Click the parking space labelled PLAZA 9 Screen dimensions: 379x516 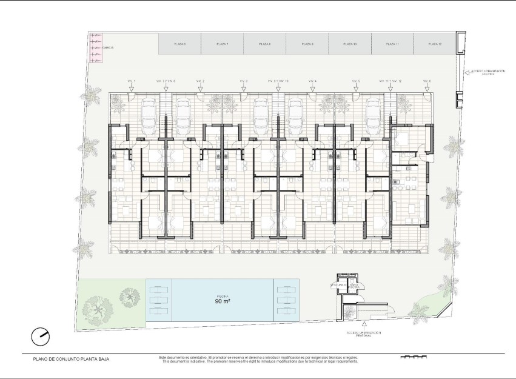click(x=307, y=44)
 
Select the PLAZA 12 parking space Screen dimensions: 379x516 click(x=434, y=44)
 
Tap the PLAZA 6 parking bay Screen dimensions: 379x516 click(x=179, y=44)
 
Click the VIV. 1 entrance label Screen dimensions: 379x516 click(x=131, y=81)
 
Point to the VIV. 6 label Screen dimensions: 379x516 click(x=427, y=81)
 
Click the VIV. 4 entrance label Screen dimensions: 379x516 click(x=312, y=81)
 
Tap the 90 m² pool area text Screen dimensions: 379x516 click(x=222, y=301)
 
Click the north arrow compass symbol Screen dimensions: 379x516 click(x=41, y=335)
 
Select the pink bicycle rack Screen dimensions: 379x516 click(x=96, y=47)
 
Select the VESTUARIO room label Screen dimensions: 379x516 click(x=337, y=284)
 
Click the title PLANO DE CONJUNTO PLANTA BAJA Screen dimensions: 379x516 click(x=72, y=359)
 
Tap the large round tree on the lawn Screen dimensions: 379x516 click(x=98, y=307)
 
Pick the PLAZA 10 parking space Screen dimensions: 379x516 click(x=349, y=44)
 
